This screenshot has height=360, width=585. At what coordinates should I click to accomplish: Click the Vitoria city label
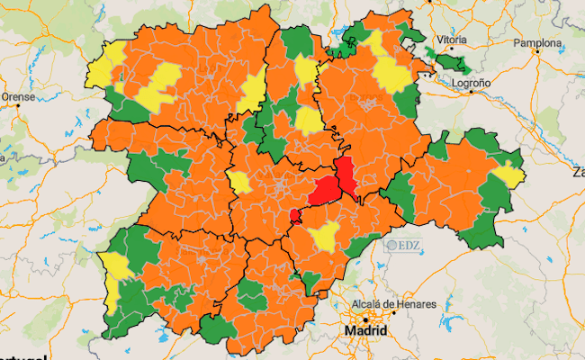pyautogui.click(x=450, y=40)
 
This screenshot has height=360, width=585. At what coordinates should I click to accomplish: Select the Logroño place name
pyautogui.click(x=471, y=83)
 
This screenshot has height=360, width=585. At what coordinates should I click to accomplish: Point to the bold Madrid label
pyautogui.click(x=366, y=331)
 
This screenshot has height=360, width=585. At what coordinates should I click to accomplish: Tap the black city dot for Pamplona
pyautogui.click(x=537, y=51)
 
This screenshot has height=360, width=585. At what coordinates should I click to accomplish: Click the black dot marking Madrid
pyautogui.click(x=365, y=319)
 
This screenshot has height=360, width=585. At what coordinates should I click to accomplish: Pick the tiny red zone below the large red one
pyautogui.click(x=293, y=215)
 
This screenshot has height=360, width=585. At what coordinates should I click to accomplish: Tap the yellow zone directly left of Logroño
pyautogui.click(x=391, y=74)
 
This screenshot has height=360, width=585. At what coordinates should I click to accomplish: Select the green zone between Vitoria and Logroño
pyautogui.click(x=450, y=63)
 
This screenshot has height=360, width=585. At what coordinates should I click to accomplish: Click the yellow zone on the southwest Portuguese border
pyautogui.click(x=115, y=270)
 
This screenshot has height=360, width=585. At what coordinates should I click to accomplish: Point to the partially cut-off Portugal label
pyautogui.click(x=22, y=356)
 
